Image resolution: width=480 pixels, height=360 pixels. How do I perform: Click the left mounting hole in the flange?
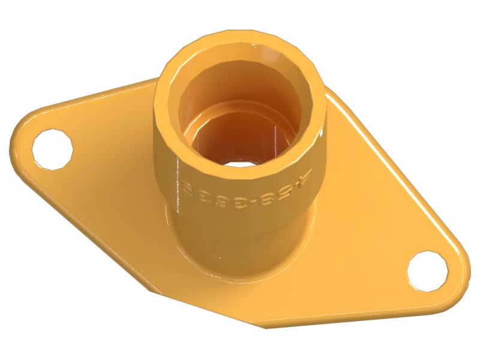tap(53, 147)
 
